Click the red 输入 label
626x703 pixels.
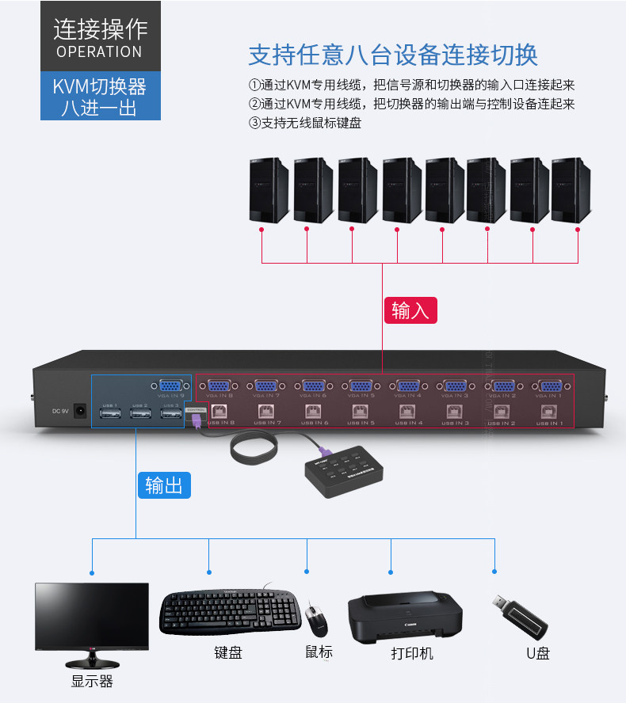click(x=410, y=310)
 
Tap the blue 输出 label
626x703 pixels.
click(x=164, y=484)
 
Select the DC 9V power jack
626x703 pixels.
click(x=79, y=411)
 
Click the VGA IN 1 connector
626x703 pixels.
click(x=549, y=387)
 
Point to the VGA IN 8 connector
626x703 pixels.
click(x=219, y=387)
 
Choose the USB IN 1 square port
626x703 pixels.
click(x=549, y=411)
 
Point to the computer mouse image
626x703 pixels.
click(x=317, y=621)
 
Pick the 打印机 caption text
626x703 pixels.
click(x=412, y=653)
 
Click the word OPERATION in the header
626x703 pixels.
click(x=99, y=51)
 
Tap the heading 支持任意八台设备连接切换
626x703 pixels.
click(x=393, y=55)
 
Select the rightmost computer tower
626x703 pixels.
click(x=571, y=190)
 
